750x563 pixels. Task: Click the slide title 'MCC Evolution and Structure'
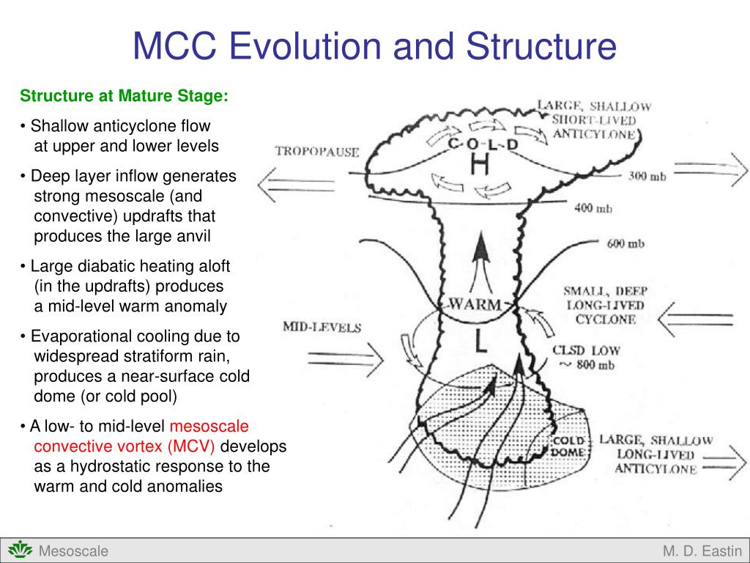click(374, 45)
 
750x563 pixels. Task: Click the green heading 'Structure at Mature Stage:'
click(125, 96)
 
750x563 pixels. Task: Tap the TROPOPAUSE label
click(317, 152)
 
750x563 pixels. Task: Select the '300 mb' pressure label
click(647, 177)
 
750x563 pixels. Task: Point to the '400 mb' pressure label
click(593, 208)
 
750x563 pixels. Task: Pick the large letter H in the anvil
click(480, 166)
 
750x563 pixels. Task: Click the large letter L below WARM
click(480, 342)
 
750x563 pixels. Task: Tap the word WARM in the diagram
click(475, 303)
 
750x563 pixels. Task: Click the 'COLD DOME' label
click(568, 446)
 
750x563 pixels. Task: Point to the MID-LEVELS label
click(322, 327)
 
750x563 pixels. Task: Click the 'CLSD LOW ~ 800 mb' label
click(585, 358)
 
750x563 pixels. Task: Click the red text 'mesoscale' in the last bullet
click(209, 426)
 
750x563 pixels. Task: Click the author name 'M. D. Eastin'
click(702, 551)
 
